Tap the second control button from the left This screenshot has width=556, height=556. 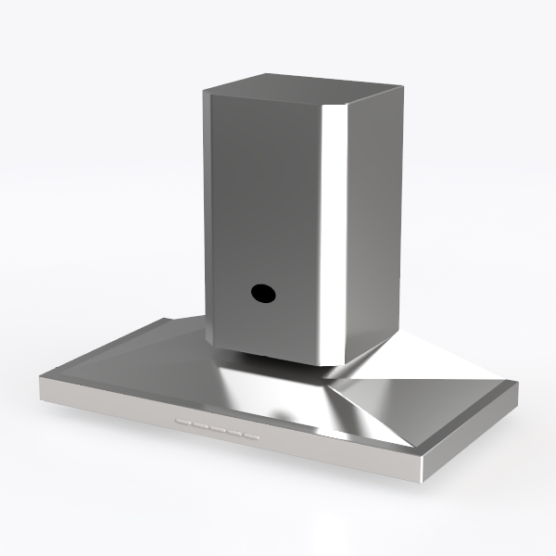click(x=199, y=427)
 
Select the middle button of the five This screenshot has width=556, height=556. click(x=216, y=430)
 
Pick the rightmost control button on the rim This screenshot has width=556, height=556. click(x=250, y=436)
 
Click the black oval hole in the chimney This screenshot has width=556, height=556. click(x=261, y=293)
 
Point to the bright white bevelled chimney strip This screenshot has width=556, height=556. click(x=336, y=232)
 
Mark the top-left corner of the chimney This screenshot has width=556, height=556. click(x=205, y=94)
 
